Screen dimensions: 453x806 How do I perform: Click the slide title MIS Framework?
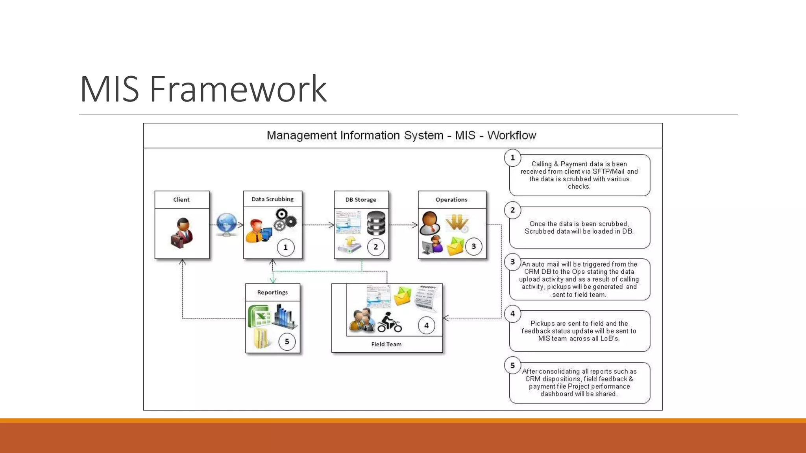203,89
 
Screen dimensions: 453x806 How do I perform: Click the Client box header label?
181,200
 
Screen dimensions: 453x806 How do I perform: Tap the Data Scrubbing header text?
272,199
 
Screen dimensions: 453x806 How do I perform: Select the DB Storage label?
360,200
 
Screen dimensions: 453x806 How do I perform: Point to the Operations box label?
451,200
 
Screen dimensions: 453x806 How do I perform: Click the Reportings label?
272,293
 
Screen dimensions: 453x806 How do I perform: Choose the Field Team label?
386,344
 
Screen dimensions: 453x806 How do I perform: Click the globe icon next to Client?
226,224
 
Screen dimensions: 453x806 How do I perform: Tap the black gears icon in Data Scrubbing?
285,220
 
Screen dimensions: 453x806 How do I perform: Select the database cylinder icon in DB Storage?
376,223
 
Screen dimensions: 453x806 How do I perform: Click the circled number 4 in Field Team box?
426,326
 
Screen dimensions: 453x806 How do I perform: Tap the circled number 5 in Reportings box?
287,342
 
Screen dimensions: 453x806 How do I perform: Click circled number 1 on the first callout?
512,158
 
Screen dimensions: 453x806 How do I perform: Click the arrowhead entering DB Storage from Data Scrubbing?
331,225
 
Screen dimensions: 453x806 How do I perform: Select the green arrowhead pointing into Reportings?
273,280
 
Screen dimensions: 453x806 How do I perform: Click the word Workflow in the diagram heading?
512,135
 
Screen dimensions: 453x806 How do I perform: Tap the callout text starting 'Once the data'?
579,228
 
